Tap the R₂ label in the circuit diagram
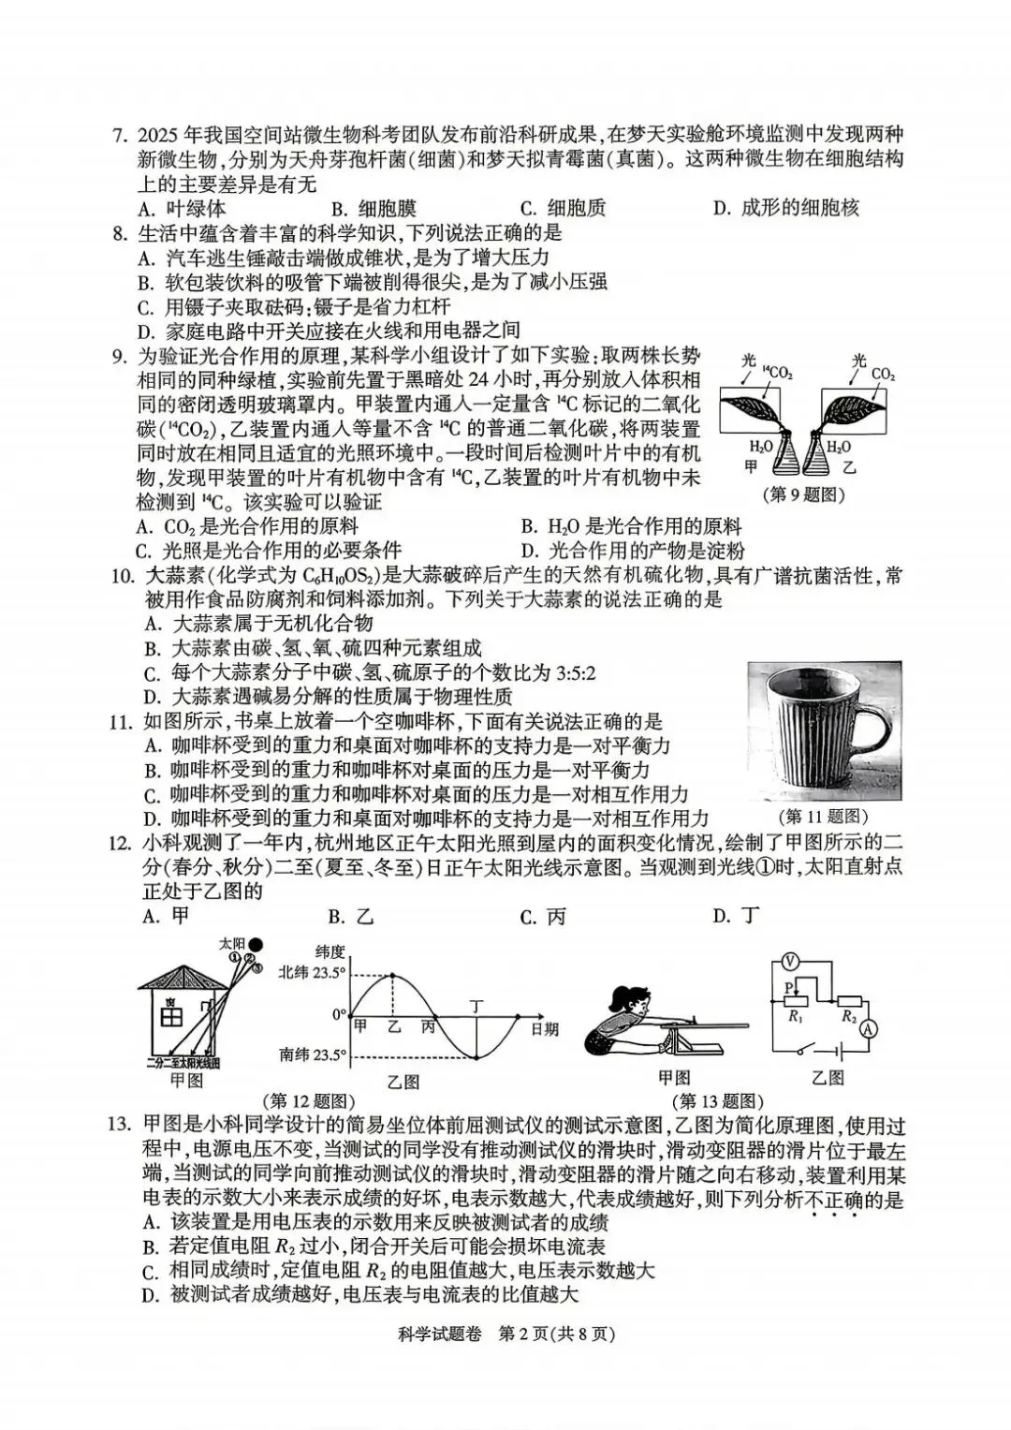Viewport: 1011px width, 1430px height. point(849,1017)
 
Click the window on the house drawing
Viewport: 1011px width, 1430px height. point(171,1015)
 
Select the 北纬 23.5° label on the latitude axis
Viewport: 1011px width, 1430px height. point(312,973)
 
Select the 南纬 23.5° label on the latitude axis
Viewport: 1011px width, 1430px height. point(312,1055)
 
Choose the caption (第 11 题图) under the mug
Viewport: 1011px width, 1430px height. point(823,817)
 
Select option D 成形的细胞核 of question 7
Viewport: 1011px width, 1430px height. point(784,208)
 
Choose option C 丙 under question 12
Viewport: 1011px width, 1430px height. point(544,917)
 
